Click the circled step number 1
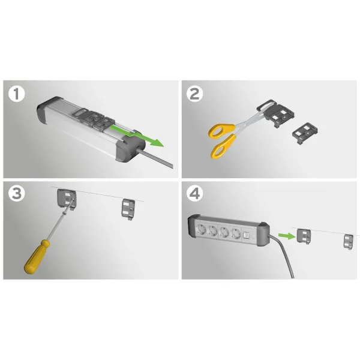click(17, 94)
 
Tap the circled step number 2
click(194, 94)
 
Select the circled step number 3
click(17, 193)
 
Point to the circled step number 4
click(194, 193)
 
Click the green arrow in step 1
click(137, 136)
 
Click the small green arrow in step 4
click(287, 236)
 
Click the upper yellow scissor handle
click(221, 131)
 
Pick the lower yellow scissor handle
click(223, 146)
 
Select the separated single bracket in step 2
click(305, 134)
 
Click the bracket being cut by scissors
click(277, 113)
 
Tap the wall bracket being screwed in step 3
click(67, 199)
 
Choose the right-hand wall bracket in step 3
click(128, 209)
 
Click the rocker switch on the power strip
click(245, 235)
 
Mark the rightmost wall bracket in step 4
click(349, 242)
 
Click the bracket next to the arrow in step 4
click(304, 236)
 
